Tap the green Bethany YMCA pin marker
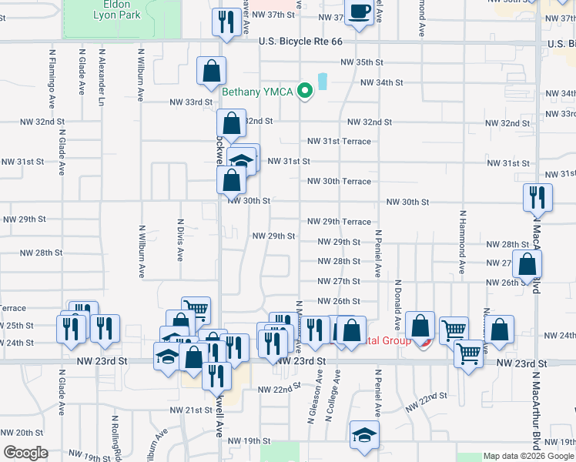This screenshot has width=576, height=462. pyautogui.click(x=306, y=92)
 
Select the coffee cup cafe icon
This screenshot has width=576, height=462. pyautogui.click(x=360, y=12)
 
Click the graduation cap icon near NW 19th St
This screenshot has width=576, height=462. pyautogui.click(x=363, y=435)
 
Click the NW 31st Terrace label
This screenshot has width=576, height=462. pyautogui.click(x=339, y=142)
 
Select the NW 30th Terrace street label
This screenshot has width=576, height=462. pyautogui.click(x=339, y=182)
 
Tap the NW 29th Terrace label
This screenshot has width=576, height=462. pyautogui.click(x=339, y=222)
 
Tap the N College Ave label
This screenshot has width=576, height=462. pyautogui.click(x=333, y=394)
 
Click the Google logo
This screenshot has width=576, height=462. pyautogui.click(x=25, y=453)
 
